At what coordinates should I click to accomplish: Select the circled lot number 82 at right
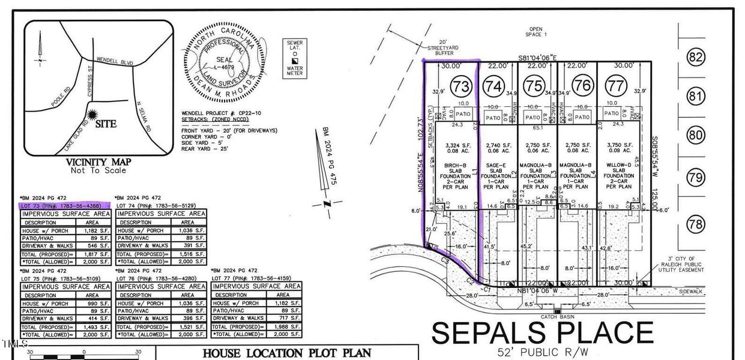coord(696,58)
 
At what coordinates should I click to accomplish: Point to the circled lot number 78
coord(696,226)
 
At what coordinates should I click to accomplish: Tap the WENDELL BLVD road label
coord(114,61)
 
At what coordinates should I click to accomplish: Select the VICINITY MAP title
coord(97,162)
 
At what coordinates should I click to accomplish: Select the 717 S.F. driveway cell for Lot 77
coord(283,318)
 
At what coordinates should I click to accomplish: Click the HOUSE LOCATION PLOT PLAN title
coord(286,353)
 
